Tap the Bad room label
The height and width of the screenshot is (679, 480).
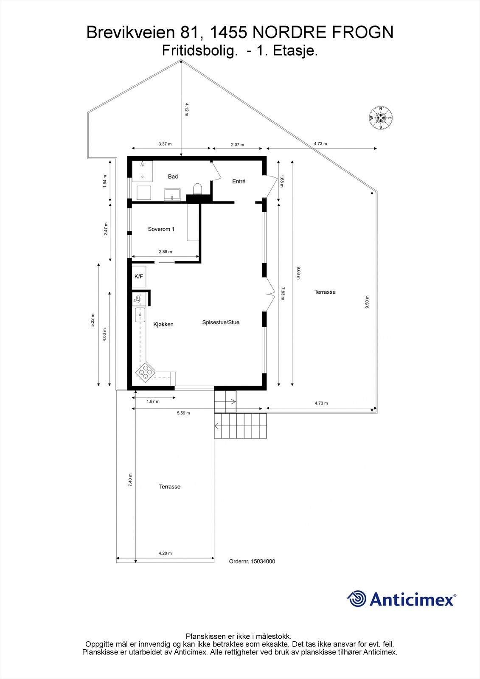coord(173,177)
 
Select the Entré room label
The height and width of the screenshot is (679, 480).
coord(239,181)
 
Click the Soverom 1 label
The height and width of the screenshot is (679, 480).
coord(161,229)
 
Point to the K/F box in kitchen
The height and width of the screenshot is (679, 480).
coord(139,277)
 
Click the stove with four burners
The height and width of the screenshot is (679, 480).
coord(145,372)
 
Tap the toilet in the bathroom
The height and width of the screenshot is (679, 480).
coord(197,188)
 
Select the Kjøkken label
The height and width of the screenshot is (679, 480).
coord(163,324)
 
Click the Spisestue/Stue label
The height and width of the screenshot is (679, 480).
coord(221,323)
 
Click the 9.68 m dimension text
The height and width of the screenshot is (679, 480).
coord(298,272)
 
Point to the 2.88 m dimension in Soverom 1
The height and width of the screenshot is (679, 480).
coord(165,252)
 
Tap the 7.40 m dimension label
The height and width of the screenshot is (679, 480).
coord(130,480)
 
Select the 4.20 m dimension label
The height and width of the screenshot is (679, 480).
coord(165,553)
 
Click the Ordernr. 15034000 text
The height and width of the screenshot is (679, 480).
coord(252,561)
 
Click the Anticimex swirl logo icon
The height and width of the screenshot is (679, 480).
coord(356,599)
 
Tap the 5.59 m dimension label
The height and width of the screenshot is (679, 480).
coord(183,413)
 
